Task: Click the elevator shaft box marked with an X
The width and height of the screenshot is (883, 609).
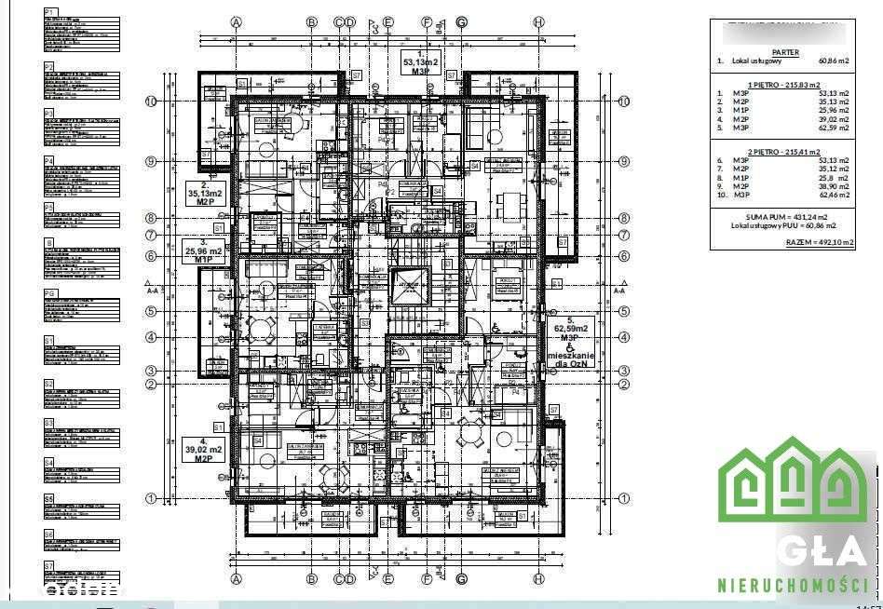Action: click(408, 287)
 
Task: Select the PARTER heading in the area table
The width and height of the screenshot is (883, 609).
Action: click(785, 53)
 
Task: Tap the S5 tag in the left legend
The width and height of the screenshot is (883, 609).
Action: click(49, 499)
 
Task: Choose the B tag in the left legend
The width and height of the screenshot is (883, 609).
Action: click(48, 243)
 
